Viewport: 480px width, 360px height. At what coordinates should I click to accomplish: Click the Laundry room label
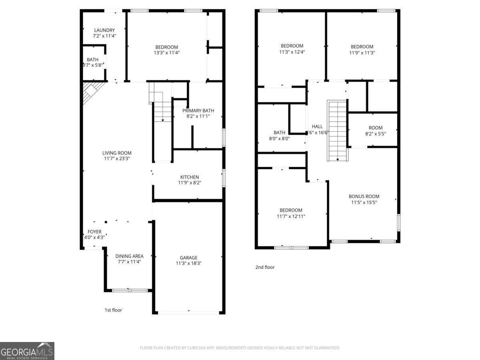pos(104,30)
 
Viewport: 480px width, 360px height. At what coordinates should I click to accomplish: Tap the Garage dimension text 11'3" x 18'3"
pos(188,263)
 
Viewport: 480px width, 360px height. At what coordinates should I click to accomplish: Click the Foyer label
pos(95,232)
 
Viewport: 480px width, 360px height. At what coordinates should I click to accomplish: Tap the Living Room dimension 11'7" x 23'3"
pos(117,158)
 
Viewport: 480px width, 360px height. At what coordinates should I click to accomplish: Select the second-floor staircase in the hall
pos(337,130)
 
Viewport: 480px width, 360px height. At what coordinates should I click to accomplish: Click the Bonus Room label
pos(364,196)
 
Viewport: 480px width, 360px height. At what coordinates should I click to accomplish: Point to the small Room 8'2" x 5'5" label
pos(376,128)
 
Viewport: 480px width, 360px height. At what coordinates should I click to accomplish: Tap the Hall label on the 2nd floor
pos(317,126)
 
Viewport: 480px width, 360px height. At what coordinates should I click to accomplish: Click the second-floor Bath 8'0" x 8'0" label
pos(280,132)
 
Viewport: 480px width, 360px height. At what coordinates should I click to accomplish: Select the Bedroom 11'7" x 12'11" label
pos(291,210)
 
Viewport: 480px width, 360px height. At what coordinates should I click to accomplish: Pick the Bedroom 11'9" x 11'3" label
pos(362,46)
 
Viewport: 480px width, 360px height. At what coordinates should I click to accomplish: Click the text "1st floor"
pos(113,310)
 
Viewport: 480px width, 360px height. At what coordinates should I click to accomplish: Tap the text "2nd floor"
pos(265,267)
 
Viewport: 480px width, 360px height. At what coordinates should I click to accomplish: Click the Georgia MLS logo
pos(27,351)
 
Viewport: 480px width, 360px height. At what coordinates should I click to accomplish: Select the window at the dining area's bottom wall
pos(130,290)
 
